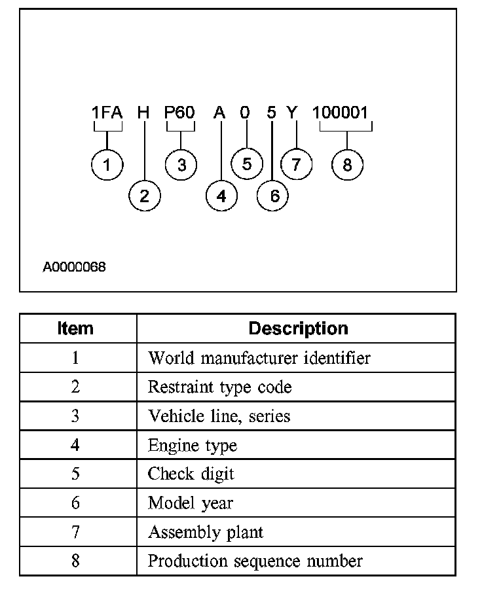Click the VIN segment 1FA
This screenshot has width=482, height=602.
[x=107, y=113]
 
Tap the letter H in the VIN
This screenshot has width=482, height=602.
[x=143, y=113]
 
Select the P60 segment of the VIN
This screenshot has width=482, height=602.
[x=180, y=113]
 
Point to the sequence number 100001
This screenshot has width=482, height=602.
[x=341, y=113]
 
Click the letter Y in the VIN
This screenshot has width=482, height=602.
[x=292, y=113]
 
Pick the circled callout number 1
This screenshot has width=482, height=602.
[x=107, y=165]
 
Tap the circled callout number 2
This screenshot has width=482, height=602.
[x=144, y=196]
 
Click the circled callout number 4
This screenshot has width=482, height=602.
[x=221, y=196]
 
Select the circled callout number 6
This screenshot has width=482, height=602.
[x=273, y=196]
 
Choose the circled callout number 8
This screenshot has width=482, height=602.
[x=347, y=165]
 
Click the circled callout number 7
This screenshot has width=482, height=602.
[x=297, y=164]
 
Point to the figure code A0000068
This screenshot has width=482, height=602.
[x=74, y=267]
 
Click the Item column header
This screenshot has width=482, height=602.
[x=76, y=328]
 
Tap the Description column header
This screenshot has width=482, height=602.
[x=298, y=328]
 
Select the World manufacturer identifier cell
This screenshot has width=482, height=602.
[x=259, y=358]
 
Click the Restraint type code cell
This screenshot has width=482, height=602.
[x=219, y=387]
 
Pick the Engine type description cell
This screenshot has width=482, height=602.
[x=192, y=446]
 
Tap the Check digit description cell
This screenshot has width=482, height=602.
[x=191, y=474]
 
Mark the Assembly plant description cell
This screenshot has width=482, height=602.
[x=206, y=532]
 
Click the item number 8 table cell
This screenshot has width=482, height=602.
[x=76, y=561]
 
